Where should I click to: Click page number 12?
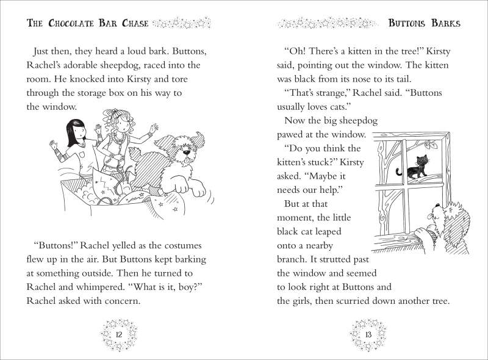[119, 335]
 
